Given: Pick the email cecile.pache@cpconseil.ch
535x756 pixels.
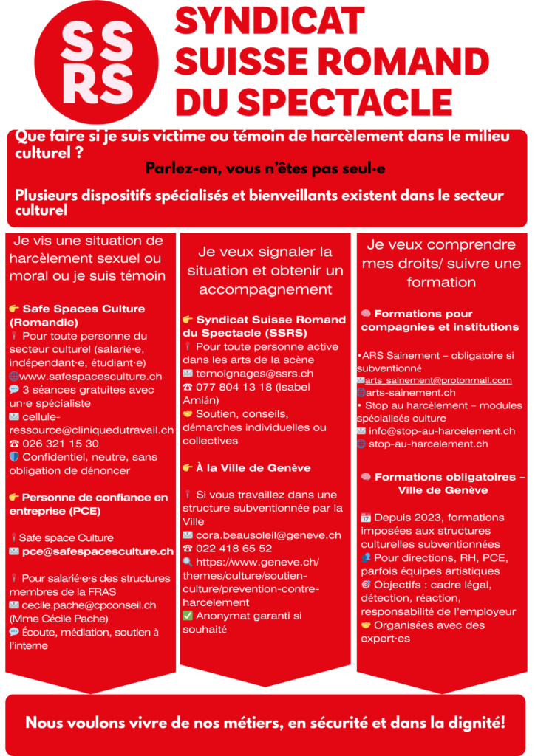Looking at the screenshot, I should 89,605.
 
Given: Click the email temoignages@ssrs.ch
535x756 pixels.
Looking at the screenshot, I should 255,374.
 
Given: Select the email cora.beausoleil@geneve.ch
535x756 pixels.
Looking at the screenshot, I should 269,535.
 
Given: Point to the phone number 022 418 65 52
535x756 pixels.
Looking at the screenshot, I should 234,549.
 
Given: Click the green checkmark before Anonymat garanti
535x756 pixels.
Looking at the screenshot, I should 188,616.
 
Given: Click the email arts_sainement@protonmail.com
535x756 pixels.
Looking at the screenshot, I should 438,380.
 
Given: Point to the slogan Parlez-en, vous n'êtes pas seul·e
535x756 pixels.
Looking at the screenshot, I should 265,168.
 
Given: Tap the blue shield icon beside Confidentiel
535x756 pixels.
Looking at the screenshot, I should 14,457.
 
